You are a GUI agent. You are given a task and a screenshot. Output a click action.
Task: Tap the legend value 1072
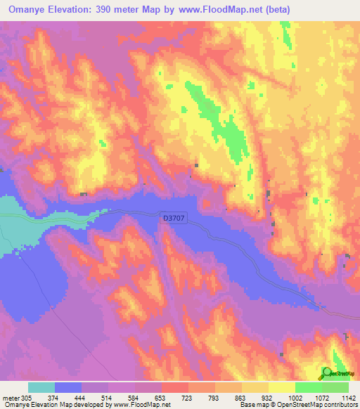pos(321,398)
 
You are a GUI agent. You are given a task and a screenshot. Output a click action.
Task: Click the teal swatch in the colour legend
pos(41,387)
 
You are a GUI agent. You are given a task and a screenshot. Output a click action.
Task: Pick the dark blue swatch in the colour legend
pos(68,387)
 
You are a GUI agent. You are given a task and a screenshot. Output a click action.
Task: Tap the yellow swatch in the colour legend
pos(282,387)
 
